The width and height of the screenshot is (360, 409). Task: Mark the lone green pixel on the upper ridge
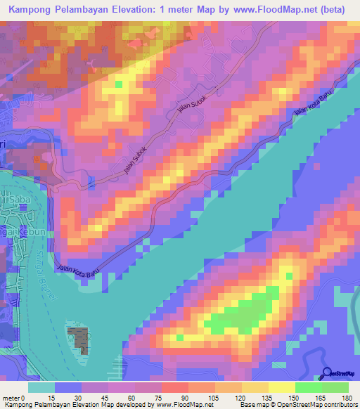118,84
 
